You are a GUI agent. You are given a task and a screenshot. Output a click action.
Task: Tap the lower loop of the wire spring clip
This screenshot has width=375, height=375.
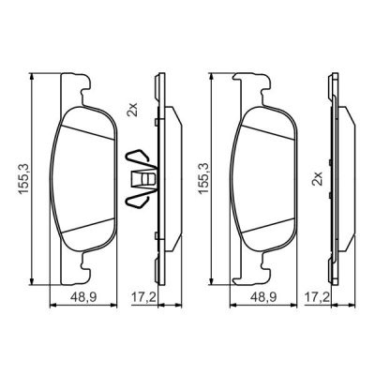[x=138, y=201]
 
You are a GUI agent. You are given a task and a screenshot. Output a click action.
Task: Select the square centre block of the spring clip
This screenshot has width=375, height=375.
[x=143, y=179]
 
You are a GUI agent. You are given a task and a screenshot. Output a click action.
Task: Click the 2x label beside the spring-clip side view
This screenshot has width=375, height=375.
[x=133, y=110]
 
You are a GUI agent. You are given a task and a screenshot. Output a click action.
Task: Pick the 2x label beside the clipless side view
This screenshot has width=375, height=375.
[x=317, y=178]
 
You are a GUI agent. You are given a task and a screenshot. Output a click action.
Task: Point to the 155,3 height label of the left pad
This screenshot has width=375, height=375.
[x=24, y=179]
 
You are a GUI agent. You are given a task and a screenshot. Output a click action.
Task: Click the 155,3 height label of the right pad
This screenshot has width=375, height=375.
[x=203, y=179]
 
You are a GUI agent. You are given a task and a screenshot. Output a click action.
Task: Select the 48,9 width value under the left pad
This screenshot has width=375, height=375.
[x=83, y=297]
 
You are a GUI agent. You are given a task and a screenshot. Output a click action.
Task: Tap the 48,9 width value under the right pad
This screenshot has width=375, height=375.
[x=263, y=297]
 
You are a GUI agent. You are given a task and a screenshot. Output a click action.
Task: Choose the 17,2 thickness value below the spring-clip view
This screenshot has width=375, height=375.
[x=143, y=297]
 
